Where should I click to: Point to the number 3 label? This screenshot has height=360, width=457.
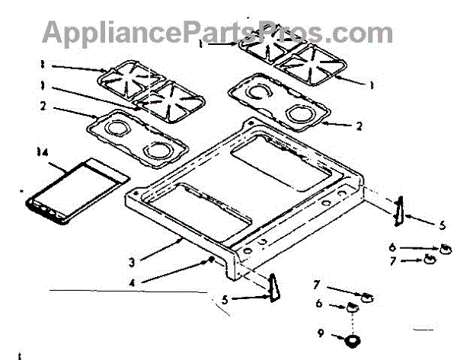131,261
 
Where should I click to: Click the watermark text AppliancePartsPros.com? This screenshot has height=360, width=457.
217,31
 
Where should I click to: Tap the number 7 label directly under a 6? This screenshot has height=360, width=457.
393,261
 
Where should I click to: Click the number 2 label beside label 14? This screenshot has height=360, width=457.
43,106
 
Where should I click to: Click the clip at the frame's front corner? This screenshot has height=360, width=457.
273,288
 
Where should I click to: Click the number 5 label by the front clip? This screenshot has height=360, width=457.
225,298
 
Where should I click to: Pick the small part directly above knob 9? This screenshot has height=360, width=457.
353,308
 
